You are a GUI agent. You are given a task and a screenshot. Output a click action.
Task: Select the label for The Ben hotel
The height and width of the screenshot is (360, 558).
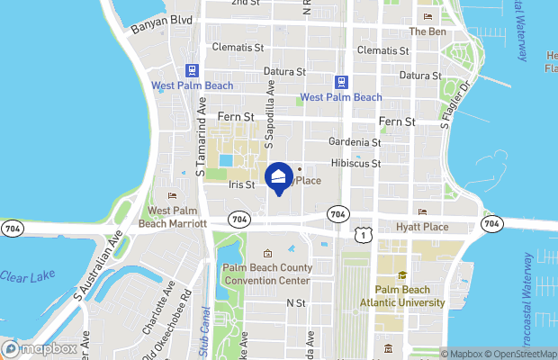[427, 31]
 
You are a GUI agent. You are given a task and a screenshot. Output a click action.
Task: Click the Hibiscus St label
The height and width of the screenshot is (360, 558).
[356, 164]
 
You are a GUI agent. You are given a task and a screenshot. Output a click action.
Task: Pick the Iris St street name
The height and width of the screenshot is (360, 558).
[243, 184]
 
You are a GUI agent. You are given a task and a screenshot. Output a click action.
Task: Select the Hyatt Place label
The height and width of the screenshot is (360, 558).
[422, 227]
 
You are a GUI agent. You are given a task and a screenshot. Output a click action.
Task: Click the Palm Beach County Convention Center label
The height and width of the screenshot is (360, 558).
[268, 274]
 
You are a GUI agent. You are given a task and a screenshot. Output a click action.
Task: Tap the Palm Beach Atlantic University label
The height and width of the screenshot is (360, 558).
[409, 296]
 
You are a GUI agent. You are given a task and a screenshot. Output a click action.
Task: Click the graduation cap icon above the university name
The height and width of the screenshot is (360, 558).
[402, 275]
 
